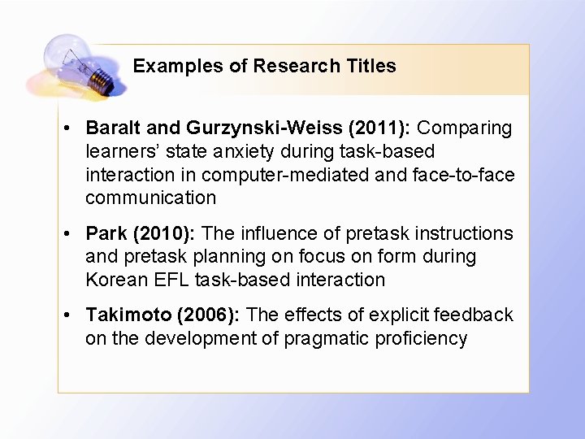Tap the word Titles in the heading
(370, 67)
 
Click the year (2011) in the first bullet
(381, 128)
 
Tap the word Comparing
(465, 128)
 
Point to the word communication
(151, 198)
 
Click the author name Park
(104, 234)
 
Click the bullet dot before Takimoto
(71, 315)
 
